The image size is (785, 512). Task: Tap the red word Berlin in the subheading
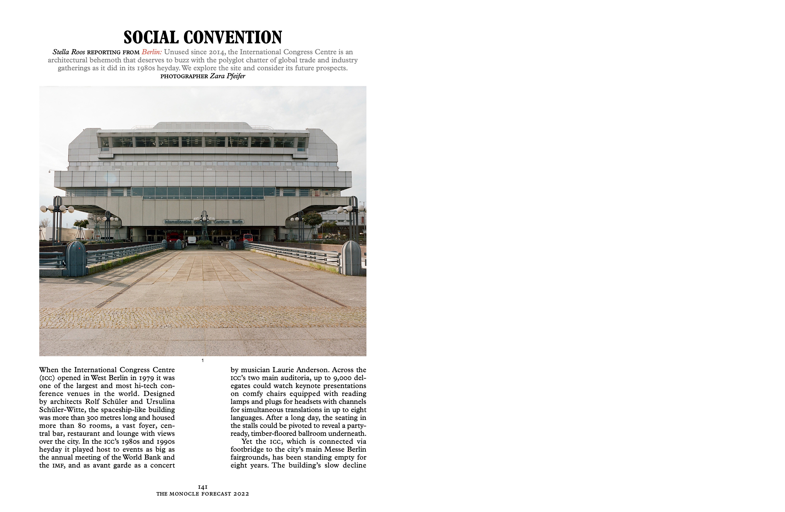point(152,52)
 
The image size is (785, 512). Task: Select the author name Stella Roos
point(69,52)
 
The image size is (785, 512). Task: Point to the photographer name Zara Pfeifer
point(228,76)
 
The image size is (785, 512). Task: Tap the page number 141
point(203,487)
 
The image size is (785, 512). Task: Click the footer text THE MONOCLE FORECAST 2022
point(203,494)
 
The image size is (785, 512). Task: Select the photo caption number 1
point(203,361)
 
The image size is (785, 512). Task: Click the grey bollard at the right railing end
point(351,258)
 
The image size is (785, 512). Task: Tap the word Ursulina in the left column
point(161,402)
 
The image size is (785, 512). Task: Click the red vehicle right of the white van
point(248,237)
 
